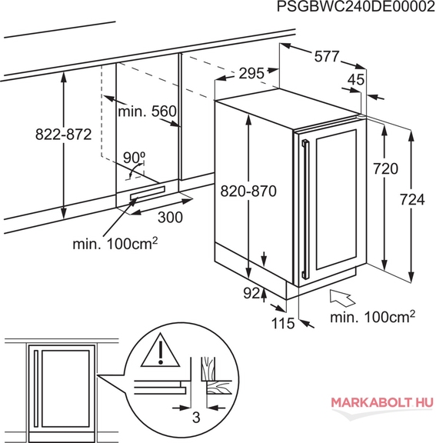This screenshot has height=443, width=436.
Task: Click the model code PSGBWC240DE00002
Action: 356,6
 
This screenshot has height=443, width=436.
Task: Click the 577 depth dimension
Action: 327,56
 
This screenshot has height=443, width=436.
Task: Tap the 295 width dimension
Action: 251,74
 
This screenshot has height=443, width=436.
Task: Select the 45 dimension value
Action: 356,80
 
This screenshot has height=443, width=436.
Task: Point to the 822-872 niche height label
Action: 64,134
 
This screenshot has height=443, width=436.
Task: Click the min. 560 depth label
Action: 147,112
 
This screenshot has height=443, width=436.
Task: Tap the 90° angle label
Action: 134,158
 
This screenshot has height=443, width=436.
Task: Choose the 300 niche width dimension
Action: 170,217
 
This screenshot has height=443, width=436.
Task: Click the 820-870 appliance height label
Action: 248,192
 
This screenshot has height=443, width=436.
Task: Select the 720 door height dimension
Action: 385,168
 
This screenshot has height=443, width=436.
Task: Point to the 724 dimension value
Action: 412,200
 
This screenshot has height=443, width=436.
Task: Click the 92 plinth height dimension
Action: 251,294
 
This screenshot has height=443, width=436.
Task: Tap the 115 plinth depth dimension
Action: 283,323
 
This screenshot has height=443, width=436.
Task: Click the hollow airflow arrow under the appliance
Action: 342,298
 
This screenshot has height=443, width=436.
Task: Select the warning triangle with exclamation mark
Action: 161,351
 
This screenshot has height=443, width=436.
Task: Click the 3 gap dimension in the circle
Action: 196,417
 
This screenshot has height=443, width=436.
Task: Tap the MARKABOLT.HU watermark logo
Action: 382,402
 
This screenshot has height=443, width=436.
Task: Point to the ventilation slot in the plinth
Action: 147,193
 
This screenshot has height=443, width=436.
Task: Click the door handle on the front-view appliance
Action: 36,388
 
